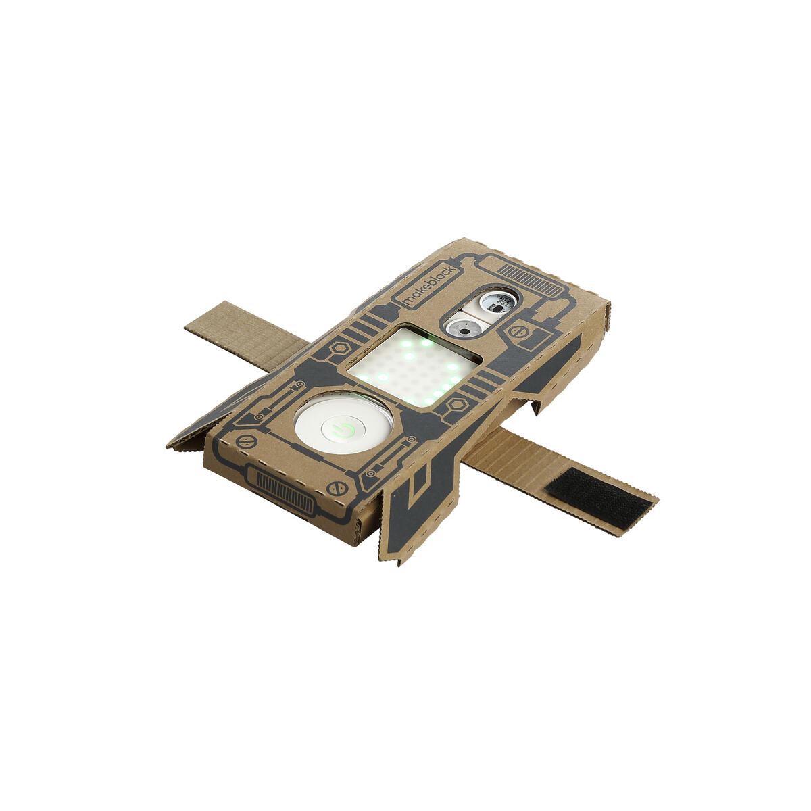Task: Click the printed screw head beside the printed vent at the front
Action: (x=337, y=488)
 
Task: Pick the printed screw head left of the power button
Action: (x=246, y=442)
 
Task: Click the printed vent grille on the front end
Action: (x=285, y=487)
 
